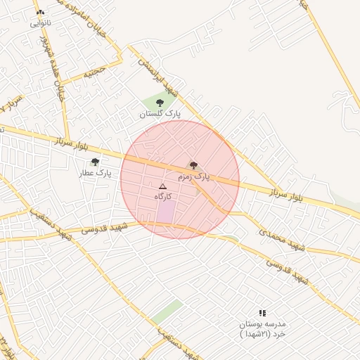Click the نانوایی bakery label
(40, 23)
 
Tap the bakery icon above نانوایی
(40, 13)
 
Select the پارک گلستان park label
(159, 112)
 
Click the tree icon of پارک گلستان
(160, 103)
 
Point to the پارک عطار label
(95, 172)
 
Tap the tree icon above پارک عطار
(95, 162)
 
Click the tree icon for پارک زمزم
(193, 165)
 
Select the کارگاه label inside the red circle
(163, 197)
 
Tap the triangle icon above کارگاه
(162, 186)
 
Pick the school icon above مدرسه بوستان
(262, 313)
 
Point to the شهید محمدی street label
(282, 239)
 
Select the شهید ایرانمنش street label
(159, 77)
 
